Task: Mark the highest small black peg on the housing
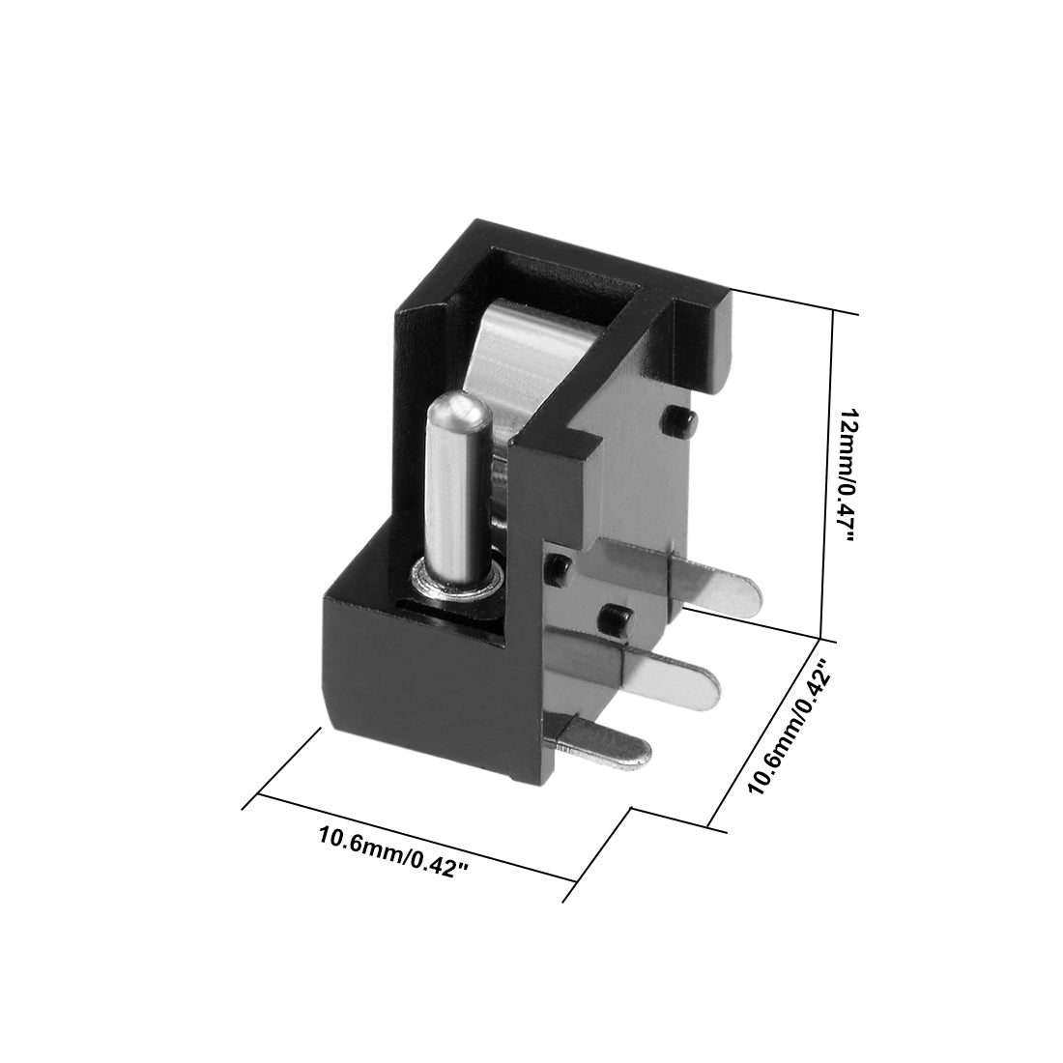pyautogui.click(x=680, y=421)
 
